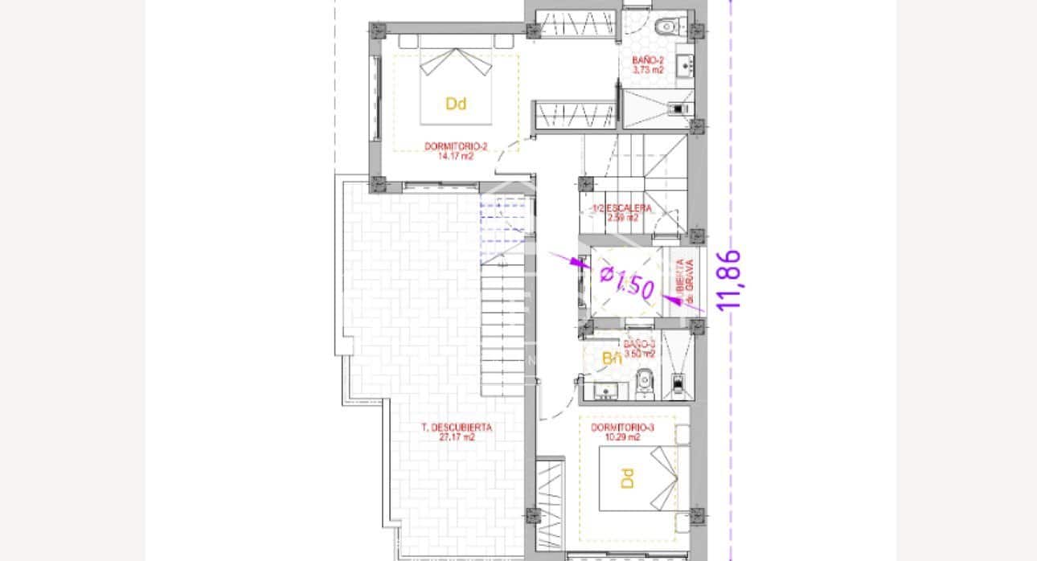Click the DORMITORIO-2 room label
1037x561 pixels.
[456, 146]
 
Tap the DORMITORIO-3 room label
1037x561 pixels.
[622, 428]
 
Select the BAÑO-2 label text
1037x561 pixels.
[648, 60]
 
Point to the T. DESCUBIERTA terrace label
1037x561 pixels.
[457, 428]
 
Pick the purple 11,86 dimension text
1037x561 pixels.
[729, 280]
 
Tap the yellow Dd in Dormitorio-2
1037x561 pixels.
[456, 104]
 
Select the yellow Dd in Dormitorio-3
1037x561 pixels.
[627, 478]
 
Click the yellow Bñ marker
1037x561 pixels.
[613, 359]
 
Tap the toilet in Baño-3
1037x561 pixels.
[643, 384]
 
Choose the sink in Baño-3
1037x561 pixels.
[605, 391]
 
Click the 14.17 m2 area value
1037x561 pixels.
[456, 157]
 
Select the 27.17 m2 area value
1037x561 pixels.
[457, 438]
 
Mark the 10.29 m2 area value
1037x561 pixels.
[622, 437]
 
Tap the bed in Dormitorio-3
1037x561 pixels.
[640, 479]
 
